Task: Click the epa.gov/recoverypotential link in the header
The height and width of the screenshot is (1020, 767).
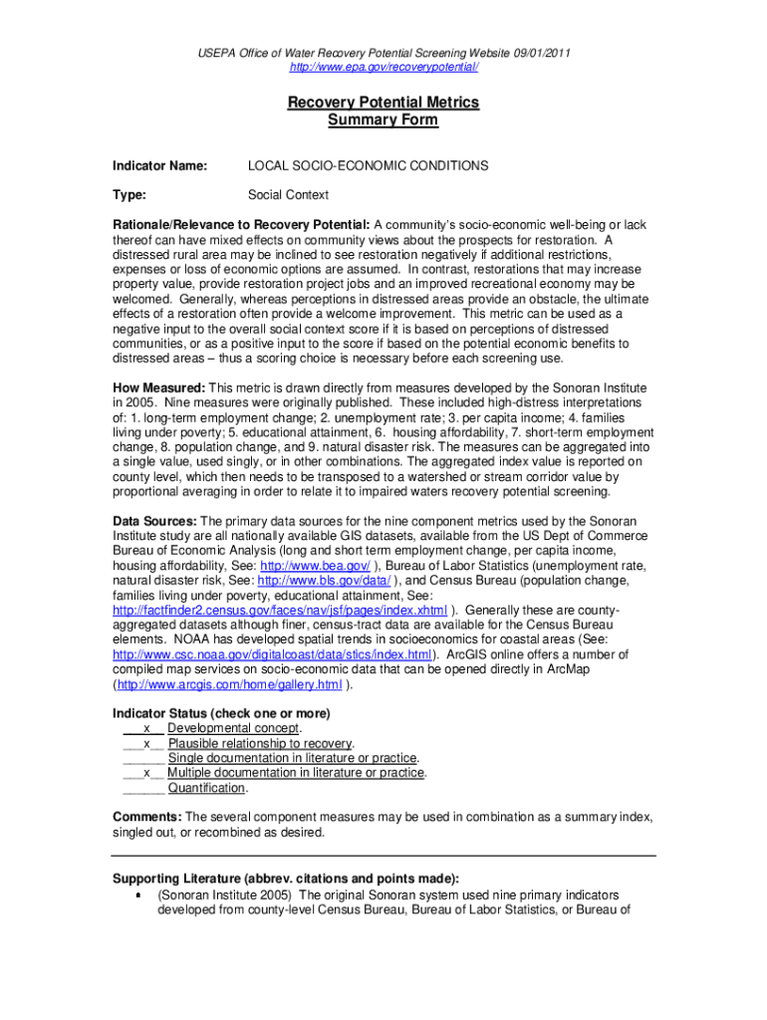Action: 383,67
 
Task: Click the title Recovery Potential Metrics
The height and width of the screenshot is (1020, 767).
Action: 383,103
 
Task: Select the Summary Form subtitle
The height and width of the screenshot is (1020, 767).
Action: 383,121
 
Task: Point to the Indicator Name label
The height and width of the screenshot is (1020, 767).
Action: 159,165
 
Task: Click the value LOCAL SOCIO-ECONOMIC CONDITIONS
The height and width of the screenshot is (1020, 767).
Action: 368,165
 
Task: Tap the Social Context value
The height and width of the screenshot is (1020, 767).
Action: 288,195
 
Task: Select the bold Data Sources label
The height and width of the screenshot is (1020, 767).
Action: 155,521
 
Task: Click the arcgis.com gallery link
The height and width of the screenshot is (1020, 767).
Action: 230,684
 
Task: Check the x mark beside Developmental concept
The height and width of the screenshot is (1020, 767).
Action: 147,729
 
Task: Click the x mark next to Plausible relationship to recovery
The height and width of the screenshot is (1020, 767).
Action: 147,744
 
